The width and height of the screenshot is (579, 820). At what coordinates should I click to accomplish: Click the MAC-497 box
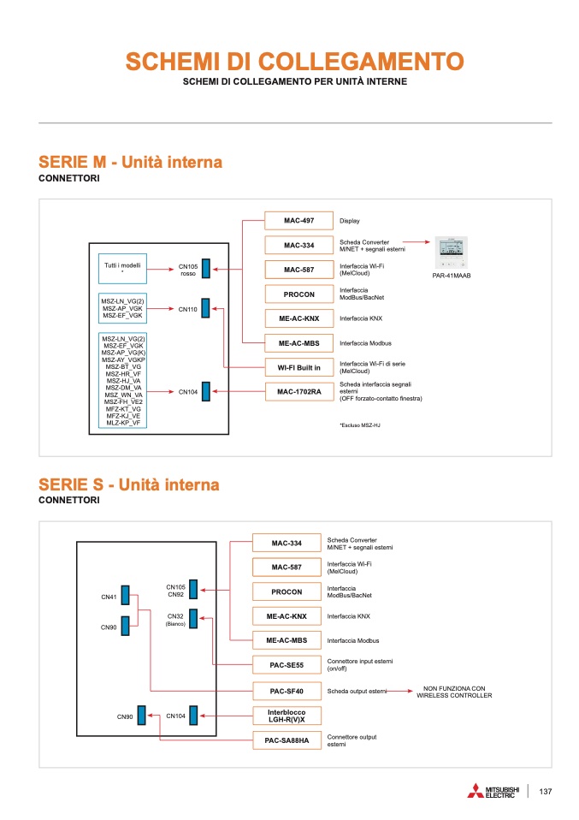coord(298,221)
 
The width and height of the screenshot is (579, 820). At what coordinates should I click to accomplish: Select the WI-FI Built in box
coord(298,368)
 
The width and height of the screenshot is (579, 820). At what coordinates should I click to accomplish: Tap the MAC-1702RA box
coord(298,392)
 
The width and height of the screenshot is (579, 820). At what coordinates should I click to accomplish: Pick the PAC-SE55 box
coord(287,665)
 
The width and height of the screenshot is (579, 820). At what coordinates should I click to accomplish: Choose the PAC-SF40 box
coord(287,692)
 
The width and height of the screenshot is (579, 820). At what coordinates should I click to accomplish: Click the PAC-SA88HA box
coord(287,740)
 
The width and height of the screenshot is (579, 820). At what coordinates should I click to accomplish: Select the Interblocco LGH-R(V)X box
coord(287,716)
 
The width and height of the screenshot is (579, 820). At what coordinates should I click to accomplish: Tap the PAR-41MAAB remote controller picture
coord(452,253)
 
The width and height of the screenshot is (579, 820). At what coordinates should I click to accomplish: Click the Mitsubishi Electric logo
coord(493,791)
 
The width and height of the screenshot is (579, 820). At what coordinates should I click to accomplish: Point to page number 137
coord(546,792)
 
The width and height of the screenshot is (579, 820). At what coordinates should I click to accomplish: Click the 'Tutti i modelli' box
coord(123,269)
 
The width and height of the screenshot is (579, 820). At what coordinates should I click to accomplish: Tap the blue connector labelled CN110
coord(206,308)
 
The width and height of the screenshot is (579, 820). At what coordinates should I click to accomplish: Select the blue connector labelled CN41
coord(126,595)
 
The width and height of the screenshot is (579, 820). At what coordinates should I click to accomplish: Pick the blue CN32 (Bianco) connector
coord(193,619)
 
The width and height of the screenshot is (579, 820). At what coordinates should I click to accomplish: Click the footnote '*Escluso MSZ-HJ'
coord(360,425)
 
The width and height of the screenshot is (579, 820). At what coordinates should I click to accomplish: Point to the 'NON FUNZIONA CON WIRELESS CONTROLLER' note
coord(454,692)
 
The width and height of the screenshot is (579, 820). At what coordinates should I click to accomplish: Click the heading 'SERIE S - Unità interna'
coord(129,484)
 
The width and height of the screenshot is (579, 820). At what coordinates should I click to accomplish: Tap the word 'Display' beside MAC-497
coord(350,221)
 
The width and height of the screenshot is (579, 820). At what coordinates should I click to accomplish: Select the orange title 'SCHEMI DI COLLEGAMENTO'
coord(295,61)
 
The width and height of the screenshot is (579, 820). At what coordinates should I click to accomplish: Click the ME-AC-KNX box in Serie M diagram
coord(298,318)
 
